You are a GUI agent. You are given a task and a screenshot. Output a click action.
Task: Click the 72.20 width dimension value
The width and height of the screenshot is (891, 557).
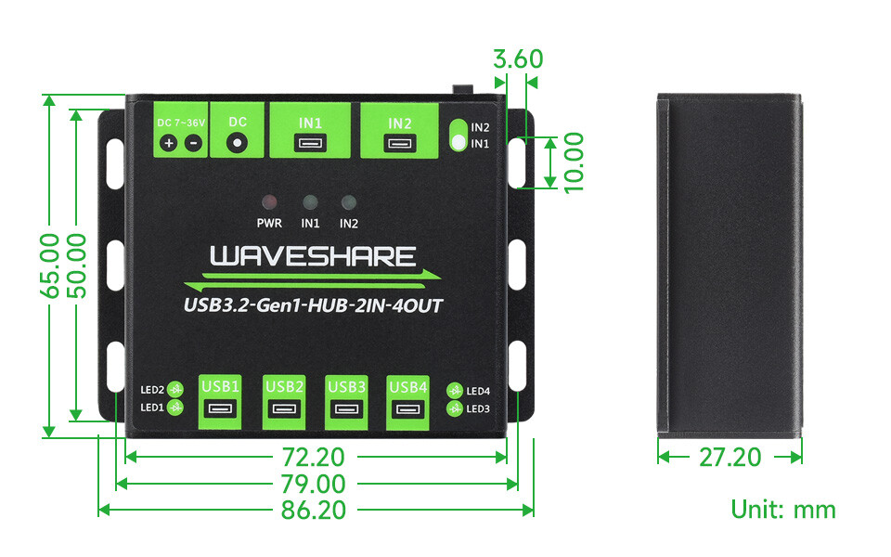(314, 457)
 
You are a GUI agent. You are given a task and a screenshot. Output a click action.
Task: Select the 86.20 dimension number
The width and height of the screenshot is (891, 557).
(314, 510)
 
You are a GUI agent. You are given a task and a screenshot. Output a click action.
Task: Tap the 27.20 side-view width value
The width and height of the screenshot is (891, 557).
(730, 457)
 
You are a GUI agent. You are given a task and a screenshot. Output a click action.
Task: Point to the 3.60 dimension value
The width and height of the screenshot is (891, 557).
(518, 59)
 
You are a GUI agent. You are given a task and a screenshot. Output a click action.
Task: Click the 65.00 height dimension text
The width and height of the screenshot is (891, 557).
(50, 266)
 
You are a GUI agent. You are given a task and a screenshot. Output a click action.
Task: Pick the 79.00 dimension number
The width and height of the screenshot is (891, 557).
(314, 484)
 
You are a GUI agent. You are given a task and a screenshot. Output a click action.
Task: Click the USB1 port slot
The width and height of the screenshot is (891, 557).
(221, 408)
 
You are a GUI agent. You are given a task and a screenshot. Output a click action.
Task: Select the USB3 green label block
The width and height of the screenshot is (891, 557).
(346, 402)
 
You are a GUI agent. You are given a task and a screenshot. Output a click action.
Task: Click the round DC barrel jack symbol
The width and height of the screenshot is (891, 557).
(237, 142)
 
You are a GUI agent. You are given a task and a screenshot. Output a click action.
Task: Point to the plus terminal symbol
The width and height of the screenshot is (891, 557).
(169, 143)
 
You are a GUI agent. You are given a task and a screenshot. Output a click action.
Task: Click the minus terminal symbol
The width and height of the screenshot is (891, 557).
(194, 143)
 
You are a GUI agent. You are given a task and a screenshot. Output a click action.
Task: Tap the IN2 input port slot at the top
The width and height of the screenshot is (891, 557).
(399, 143)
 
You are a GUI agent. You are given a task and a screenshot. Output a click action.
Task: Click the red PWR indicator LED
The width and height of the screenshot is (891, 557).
(269, 201)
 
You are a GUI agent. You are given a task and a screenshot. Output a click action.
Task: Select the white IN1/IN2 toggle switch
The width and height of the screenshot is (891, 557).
(458, 136)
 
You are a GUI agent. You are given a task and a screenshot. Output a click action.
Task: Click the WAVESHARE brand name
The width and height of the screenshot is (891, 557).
(313, 257)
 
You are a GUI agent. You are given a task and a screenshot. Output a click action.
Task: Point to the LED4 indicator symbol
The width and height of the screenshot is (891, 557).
(455, 391)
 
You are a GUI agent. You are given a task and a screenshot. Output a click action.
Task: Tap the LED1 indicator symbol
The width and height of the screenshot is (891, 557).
(176, 407)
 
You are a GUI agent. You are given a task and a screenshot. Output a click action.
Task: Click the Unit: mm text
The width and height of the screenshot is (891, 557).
(783, 510)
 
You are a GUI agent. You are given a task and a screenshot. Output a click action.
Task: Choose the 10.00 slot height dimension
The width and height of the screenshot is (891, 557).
(573, 162)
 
